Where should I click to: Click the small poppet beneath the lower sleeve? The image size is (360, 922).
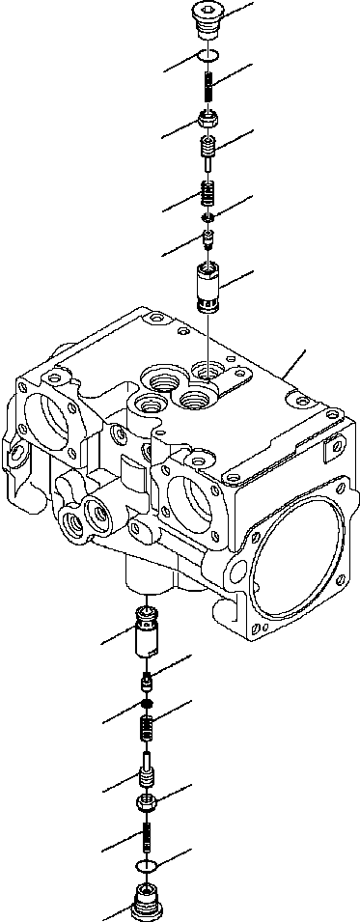click(x=148, y=682)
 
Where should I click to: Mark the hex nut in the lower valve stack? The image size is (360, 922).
click(x=148, y=801)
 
